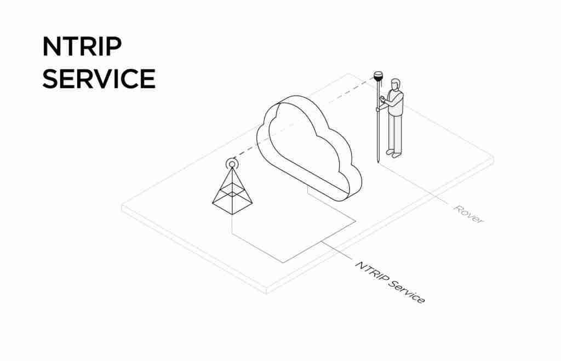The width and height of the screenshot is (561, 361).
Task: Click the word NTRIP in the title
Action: (x=82, y=47)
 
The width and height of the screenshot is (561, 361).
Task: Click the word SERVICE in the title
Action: (x=99, y=79)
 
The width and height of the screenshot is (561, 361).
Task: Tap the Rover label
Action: (x=468, y=214)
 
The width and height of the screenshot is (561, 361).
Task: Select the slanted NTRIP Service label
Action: (x=390, y=282)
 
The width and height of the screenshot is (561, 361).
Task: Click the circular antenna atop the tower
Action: (x=232, y=164)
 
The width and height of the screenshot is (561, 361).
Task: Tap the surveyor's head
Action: (x=395, y=84)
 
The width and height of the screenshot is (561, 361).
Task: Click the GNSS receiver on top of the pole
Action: (x=378, y=76)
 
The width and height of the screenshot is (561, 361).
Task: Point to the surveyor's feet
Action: (x=393, y=153)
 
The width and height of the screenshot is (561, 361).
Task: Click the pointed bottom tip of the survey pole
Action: (x=378, y=162)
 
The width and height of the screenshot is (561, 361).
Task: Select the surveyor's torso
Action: (x=396, y=103)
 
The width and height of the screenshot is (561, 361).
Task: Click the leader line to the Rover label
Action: (x=414, y=184)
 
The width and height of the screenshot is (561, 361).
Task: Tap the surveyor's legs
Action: (x=394, y=133)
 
